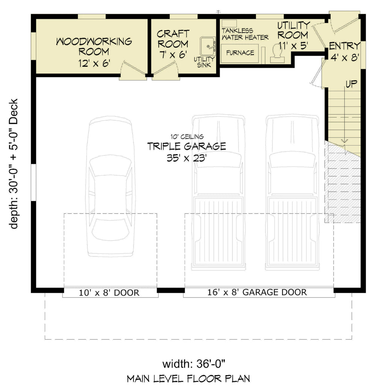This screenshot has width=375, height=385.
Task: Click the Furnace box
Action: pyautogui.click(x=240, y=53)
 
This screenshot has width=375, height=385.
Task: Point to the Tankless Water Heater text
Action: pyautogui.click(x=245, y=34)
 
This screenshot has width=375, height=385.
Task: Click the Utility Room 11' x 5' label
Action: pyautogui.click(x=293, y=35)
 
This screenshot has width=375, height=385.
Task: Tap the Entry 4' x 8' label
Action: pyautogui.click(x=344, y=52)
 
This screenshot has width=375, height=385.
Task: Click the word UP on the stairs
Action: pyautogui.click(x=351, y=83)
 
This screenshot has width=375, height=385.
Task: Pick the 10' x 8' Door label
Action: pyautogui.click(x=109, y=293)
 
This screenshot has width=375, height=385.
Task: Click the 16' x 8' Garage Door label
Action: pyautogui.click(x=257, y=292)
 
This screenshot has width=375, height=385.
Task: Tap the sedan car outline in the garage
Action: pyautogui.click(x=110, y=186)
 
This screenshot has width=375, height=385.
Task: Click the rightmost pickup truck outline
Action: pyautogui.click(x=292, y=192)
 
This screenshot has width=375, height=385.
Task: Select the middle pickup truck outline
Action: pyautogui.click(x=218, y=192)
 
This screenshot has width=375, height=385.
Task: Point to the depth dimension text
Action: pyautogui.click(x=14, y=164)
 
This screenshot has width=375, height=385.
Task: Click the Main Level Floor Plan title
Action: pyautogui.click(x=188, y=378)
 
